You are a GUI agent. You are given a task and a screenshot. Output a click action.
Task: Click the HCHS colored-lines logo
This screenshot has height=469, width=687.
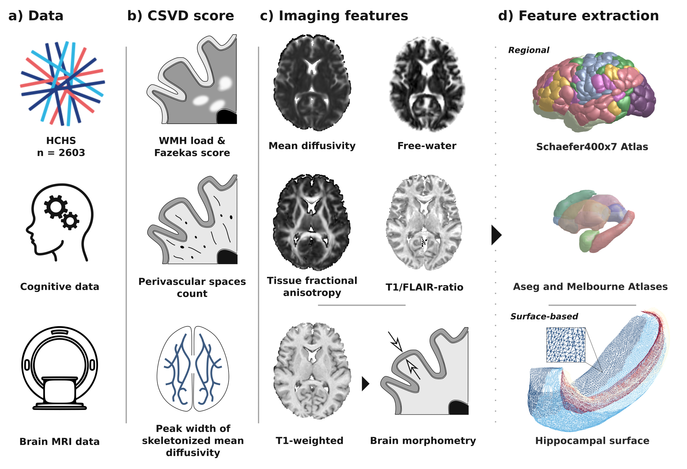pyautogui.click(x=62, y=83)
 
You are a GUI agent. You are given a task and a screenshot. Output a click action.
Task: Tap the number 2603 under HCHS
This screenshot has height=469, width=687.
pyautogui.click(x=71, y=153)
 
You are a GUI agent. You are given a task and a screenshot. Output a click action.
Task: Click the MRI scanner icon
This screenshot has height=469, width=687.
pyautogui.click(x=59, y=368)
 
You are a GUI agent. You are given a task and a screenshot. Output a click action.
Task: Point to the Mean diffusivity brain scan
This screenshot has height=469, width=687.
pyautogui.click(x=312, y=83)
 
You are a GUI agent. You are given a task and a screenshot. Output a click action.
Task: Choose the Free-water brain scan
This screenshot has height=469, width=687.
pyautogui.click(x=427, y=84)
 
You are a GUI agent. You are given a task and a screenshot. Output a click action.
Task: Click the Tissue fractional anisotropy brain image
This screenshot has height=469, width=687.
pyautogui.click(x=312, y=222)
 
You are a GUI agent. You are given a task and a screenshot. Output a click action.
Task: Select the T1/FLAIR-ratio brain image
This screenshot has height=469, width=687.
pyautogui.click(x=424, y=222)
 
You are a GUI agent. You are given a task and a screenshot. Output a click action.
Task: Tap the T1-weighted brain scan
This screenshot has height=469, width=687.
pyautogui.click(x=312, y=371)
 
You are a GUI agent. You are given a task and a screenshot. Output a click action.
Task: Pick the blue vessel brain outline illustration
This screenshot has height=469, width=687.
pyautogui.click(x=193, y=369)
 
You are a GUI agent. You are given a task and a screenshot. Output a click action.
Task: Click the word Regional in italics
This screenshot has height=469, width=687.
pyautogui.click(x=529, y=50)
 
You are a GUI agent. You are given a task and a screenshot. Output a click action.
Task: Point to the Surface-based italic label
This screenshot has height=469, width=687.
pyautogui.click(x=544, y=316)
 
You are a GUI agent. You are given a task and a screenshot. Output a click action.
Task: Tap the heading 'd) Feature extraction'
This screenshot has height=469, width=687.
pyautogui.click(x=578, y=16)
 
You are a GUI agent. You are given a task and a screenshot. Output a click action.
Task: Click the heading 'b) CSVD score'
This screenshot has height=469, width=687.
pyautogui.click(x=180, y=16)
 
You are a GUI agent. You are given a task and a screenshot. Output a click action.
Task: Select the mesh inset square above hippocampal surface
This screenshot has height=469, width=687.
pyautogui.click(x=566, y=345)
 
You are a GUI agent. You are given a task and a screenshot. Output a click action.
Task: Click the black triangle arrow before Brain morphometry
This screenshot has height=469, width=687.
pyautogui.click(x=365, y=384)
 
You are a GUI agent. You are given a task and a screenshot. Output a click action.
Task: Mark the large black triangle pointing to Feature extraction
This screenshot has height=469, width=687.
pyautogui.click(x=496, y=235)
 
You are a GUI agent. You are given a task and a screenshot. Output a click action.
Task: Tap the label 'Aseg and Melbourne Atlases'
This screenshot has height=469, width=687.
pyautogui.click(x=590, y=287)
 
